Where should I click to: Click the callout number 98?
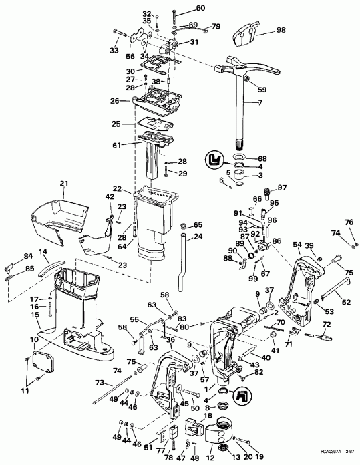281,31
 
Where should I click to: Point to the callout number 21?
64,184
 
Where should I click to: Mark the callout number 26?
116,101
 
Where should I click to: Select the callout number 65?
198,225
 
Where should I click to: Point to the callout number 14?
43,252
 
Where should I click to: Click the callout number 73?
100,383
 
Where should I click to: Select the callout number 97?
282,187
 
